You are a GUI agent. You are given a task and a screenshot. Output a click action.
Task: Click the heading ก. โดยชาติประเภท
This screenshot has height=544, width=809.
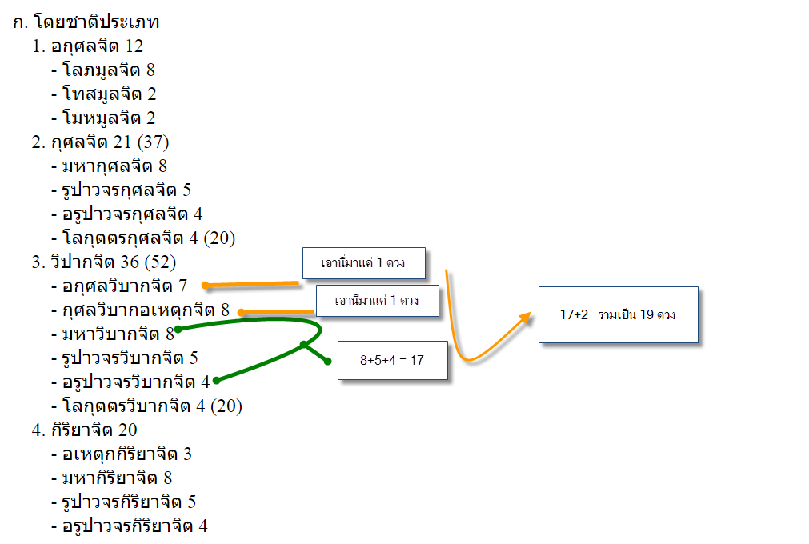(86, 22)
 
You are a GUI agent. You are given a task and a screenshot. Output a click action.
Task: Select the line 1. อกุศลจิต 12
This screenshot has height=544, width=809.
(88, 46)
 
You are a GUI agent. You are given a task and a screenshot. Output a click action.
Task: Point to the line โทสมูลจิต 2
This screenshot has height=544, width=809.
(109, 94)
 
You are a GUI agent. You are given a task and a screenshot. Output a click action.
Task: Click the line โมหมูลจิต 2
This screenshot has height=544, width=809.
(109, 118)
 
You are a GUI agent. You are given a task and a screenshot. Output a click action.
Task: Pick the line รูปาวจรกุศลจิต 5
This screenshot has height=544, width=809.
(126, 190)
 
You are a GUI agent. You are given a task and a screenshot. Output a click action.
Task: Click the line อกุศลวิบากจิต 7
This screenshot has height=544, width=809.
(124, 286)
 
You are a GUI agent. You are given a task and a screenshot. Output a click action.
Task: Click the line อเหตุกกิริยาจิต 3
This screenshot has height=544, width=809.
(126, 454)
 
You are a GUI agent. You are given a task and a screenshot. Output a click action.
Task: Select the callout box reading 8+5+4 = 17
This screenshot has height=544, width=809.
(392, 360)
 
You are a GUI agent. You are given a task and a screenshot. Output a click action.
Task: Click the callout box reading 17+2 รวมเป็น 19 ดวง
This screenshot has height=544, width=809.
(618, 314)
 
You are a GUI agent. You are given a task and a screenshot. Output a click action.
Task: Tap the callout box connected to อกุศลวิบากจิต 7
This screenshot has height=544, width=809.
(363, 262)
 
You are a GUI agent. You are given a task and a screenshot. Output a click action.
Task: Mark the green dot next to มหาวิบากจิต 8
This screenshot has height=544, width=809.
(178, 329)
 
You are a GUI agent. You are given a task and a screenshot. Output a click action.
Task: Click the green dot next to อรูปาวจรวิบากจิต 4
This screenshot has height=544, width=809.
(216, 381)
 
